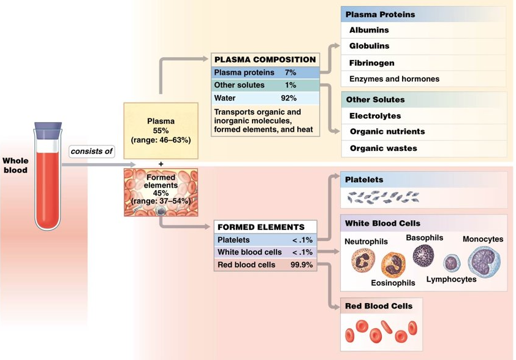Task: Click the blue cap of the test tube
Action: pos(48,129)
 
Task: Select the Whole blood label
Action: pos(15,166)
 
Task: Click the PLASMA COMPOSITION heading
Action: pos(265,60)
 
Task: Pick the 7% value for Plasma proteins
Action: pos(290,72)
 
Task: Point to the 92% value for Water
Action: pos(288,98)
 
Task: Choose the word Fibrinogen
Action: pos(371,63)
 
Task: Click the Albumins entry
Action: pos(369,29)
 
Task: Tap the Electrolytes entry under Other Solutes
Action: pos(375,115)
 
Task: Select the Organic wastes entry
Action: pos(383,148)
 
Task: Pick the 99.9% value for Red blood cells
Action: pos(302,265)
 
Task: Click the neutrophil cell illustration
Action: pos(363,261)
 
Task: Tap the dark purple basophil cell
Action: pos(423,255)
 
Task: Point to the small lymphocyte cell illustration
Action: pos(452,263)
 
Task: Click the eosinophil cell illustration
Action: pos(392,265)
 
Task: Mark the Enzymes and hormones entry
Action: pos(394,79)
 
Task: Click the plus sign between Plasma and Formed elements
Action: pos(161,164)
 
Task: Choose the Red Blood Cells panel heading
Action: pos(378,305)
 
